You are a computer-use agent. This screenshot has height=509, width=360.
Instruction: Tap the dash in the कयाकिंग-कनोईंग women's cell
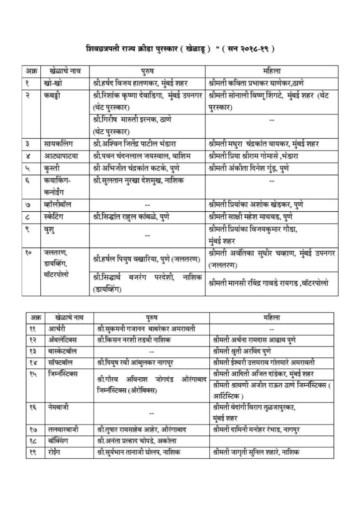click(271, 181)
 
